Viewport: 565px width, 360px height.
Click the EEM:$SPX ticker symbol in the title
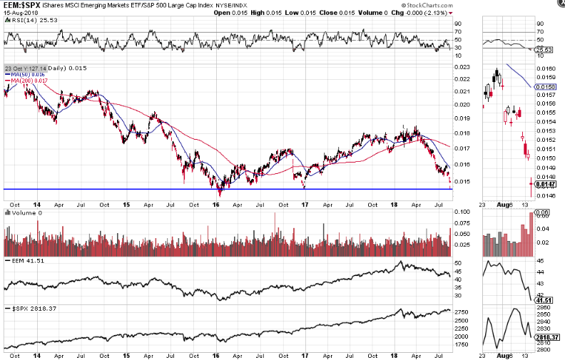[20, 5]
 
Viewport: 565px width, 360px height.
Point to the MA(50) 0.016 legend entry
[27, 74]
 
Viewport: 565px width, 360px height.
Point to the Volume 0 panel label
[22, 212]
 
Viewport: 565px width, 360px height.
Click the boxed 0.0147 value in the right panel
[546, 184]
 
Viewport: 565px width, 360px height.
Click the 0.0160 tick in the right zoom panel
[546, 68]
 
